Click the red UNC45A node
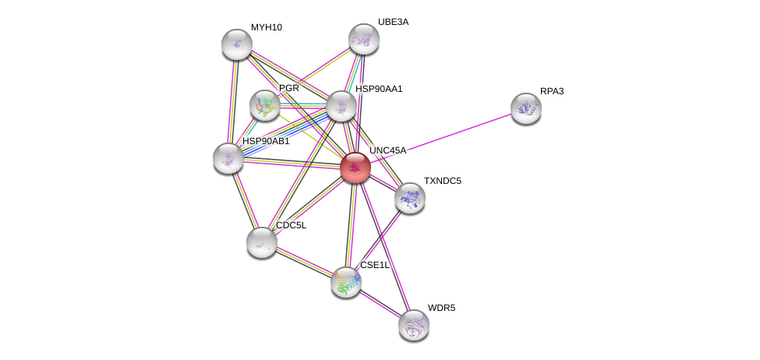(355, 168)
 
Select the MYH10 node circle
(236, 44)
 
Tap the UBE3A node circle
(363, 39)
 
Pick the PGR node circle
(265, 105)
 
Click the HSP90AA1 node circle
(341, 106)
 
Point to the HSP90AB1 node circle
(228, 158)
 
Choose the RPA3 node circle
(525, 108)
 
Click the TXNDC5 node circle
(409, 198)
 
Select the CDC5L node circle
(261, 242)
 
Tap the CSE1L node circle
(345, 282)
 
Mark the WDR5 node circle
(413, 325)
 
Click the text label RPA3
(552, 91)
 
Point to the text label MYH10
(267, 27)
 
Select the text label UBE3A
(393, 22)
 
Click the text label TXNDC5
(442, 181)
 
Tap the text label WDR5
(441, 308)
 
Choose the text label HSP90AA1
(379, 89)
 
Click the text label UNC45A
(387, 150)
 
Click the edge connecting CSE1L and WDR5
(380, 304)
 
